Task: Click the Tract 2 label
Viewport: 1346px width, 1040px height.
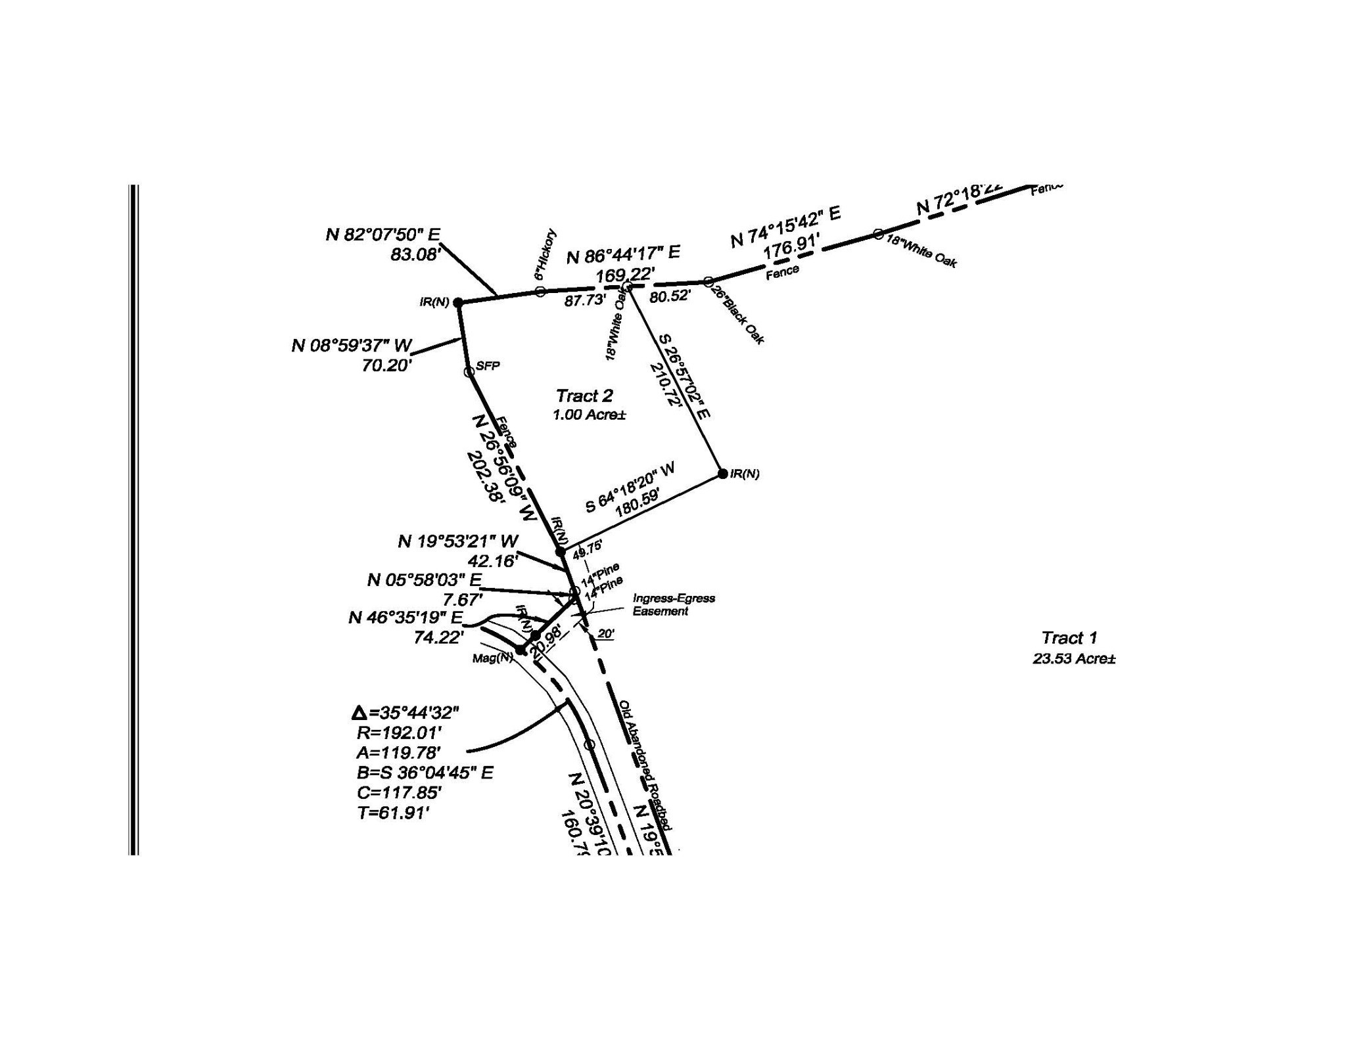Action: click(x=584, y=396)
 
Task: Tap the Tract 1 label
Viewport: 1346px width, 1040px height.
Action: click(x=1069, y=637)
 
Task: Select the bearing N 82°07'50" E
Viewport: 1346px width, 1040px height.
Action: click(x=383, y=235)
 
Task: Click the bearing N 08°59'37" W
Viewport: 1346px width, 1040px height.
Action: click(x=352, y=346)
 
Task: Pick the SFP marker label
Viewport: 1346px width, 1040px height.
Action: click(x=488, y=366)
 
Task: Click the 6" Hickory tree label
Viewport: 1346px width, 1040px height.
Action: click(x=545, y=255)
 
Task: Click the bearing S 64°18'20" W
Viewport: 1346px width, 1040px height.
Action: click(x=630, y=487)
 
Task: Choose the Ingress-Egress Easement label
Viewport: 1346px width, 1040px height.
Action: click(x=673, y=604)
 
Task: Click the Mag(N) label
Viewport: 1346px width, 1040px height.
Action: click(x=492, y=658)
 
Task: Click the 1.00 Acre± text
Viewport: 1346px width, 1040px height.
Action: click(x=588, y=415)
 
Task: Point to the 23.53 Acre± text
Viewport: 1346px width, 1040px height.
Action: click(x=1074, y=658)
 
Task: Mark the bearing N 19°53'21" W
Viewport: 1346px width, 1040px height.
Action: click(x=457, y=541)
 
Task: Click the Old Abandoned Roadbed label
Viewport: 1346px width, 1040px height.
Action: click(x=645, y=765)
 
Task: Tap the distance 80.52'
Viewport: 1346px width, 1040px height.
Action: click(x=670, y=296)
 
